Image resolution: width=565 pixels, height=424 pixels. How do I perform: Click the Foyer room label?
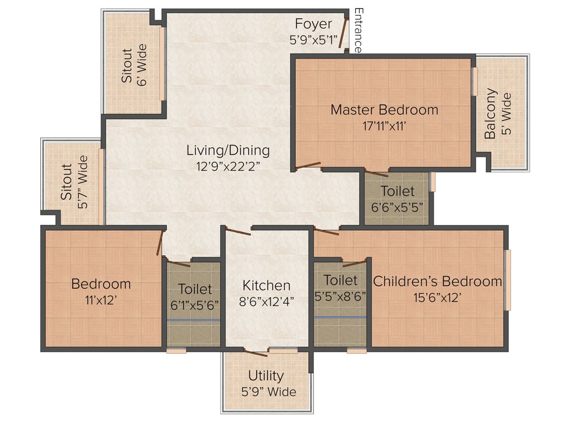pyautogui.click(x=313, y=24)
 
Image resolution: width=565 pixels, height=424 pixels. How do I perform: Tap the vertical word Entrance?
pyautogui.click(x=358, y=30)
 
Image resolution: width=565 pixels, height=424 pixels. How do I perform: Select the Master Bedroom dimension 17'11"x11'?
pyautogui.click(x=384, y=126)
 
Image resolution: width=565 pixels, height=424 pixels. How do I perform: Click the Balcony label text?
pyautogui.click(x=490, y=114)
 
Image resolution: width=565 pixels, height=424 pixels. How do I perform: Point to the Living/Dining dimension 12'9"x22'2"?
pyautogui.click(x=228, y=165)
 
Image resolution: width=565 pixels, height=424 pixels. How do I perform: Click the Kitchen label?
pyautogui.click(x=266, y=285)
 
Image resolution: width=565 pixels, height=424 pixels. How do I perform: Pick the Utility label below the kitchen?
pyautogui.click(x=266, y=376)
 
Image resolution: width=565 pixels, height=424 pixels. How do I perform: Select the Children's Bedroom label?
pyautogui.click(x=438, y=281)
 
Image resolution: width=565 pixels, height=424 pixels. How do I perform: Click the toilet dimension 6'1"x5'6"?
pyautogui.click(x=195, y=305)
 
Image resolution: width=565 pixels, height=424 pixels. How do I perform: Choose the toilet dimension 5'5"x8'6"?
pyautogui.click(x=340, y=296)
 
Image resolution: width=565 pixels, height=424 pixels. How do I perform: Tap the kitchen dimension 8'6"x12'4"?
pyautogui.click(x=266, y=301)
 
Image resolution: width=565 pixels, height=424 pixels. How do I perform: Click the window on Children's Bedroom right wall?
pyautogui.click(x=508, y=280)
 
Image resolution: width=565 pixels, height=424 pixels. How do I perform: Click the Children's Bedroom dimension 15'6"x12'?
pyautogui.click(x=438, y=297)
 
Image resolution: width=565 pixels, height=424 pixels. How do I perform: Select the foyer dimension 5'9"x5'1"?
pyautogui.click(x=313, y=40)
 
